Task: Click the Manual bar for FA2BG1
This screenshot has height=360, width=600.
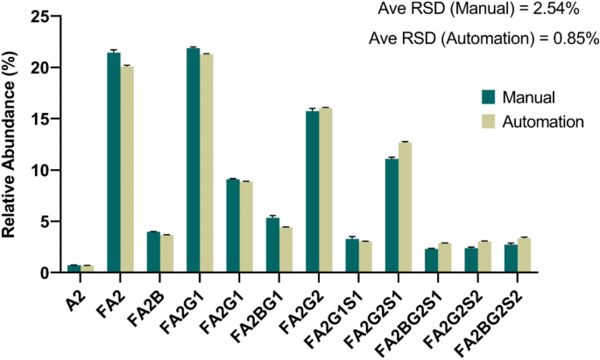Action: click(x=272, y=245)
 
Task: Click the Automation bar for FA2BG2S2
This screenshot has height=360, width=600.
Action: click(x=524, y=255)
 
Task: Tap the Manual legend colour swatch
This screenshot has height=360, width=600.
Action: click(x=490, y=95)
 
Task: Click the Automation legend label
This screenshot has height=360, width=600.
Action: click(x=543, y=123)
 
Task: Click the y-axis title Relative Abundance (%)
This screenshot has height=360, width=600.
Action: click(x=12, y=145)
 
